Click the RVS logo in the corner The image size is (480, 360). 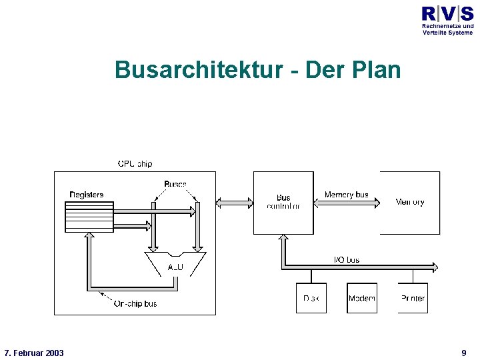click(x=447, y=13)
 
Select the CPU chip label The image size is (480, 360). click(x=135, y=163)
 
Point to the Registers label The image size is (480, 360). click(x=87, y=195)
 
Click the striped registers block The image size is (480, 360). click(x=89, y=217)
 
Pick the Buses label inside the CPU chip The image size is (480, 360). click(x=175, y=184)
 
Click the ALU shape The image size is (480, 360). click(x=175, y=264)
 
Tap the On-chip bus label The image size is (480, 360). click(x=135, y=303)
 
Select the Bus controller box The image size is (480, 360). click(x=283, y=202)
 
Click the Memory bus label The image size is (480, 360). click(x=346, y=195)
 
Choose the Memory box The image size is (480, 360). click(x=410, y=202)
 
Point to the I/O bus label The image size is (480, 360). click(x=346, y=259)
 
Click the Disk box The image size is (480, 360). click(x=311, y=298)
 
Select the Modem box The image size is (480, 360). click(x=362, y=298)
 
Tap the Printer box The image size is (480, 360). click(x=413, y=298)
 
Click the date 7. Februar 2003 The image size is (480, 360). click(x=34, y=353)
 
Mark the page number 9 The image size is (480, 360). click(x=463, y=353)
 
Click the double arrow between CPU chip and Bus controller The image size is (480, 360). click(x=235, y=202)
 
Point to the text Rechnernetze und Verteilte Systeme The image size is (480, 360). click(x=447, y=29)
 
